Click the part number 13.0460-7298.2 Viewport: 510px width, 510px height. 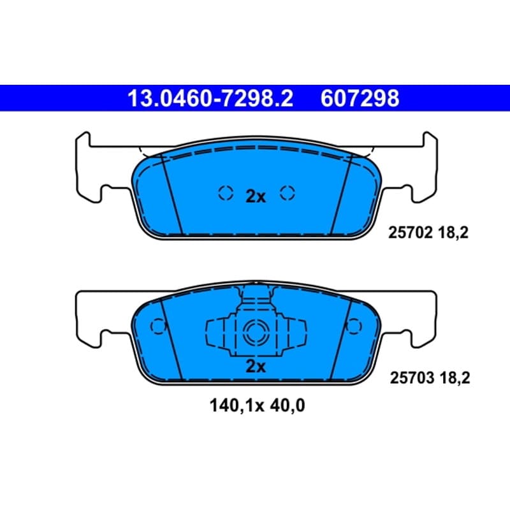(210, 98)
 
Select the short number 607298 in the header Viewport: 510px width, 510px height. (360, 98)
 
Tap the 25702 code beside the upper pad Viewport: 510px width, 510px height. (410, 233)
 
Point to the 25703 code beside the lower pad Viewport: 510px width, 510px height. (412, 377)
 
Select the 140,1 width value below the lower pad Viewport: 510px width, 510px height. (227, 406)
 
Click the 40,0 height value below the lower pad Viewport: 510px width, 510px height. (288, 406)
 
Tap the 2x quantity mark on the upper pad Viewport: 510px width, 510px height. (256, 196)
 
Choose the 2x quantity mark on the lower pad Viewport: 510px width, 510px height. (256, 367)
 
